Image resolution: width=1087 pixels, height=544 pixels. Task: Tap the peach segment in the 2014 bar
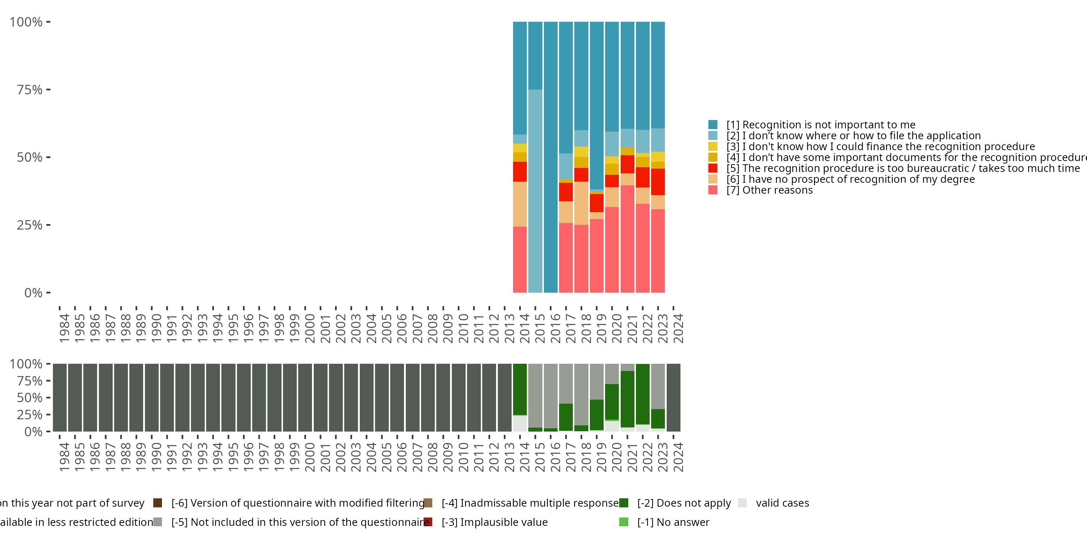520,204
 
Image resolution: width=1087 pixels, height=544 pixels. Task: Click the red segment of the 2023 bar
658,182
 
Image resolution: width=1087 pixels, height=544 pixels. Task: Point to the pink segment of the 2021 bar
627,239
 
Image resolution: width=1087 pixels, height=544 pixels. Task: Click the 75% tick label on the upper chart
30,90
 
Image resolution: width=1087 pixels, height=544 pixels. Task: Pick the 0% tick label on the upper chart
33,293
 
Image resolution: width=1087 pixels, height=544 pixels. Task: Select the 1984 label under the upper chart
64,328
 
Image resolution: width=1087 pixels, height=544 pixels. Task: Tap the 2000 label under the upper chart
310,328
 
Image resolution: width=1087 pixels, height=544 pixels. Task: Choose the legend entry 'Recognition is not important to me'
820,125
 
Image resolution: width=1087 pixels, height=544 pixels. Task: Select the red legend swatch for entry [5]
713,168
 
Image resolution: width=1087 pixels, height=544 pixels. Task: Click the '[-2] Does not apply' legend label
684,503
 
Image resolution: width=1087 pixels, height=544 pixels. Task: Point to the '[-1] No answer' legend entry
673,522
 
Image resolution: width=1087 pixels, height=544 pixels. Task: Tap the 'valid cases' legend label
782,503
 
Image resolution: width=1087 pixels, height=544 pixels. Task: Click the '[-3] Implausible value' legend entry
494,522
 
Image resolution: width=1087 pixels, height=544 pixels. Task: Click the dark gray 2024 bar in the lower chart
673,397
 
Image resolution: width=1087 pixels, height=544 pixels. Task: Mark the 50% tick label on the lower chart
30,397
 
